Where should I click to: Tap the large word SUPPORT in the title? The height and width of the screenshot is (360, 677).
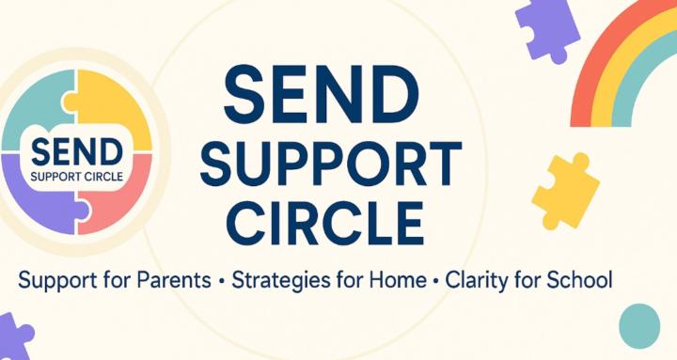tap(318, 166)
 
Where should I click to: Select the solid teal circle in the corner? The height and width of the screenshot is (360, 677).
tap(640, 325)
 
